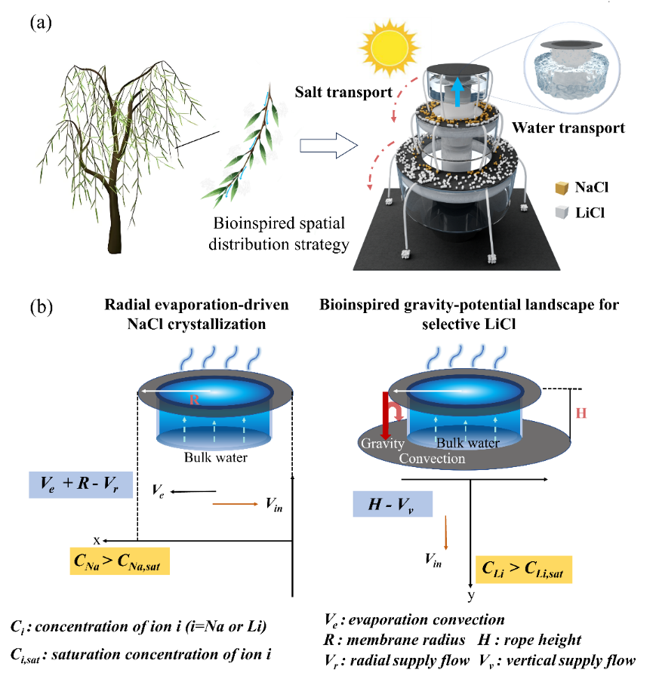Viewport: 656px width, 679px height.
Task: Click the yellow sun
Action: pyautogui.click(x=388, y=48)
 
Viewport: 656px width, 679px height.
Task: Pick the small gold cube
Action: pyautogui.click(x=561, y=188)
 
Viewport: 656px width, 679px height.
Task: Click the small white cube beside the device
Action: pyautogui.click(x=561, y=212)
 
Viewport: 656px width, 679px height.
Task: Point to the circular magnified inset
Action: pyautogui.click(x=571, y=67)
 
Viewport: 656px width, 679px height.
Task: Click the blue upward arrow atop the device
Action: pyautogui.click(x=456, y=94)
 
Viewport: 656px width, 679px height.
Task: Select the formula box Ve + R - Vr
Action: pyautogui.click(x=81, y=484)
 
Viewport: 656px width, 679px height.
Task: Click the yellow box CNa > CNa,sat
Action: pyautogui.click(x=120, y=561)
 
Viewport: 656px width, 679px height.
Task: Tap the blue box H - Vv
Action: pyautogui.click(x=393, y=504)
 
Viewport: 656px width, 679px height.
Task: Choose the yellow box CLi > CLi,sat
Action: pyautogui.click(x=525, y=569)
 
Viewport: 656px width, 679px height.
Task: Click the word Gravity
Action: pyautogui.click(x=382, y=444)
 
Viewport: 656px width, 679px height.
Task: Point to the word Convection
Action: pyautogui.click(x=432, y=459)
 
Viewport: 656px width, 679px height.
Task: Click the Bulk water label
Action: pyautogui.click(x=467, y=443)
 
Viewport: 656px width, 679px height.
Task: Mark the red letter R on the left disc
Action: pyautogui.click(x=194, y=400)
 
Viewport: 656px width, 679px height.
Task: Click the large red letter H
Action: pyautogui.click(x=581, y=413)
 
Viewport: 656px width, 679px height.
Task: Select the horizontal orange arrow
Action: pyautogui.click(x=236, y=504)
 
